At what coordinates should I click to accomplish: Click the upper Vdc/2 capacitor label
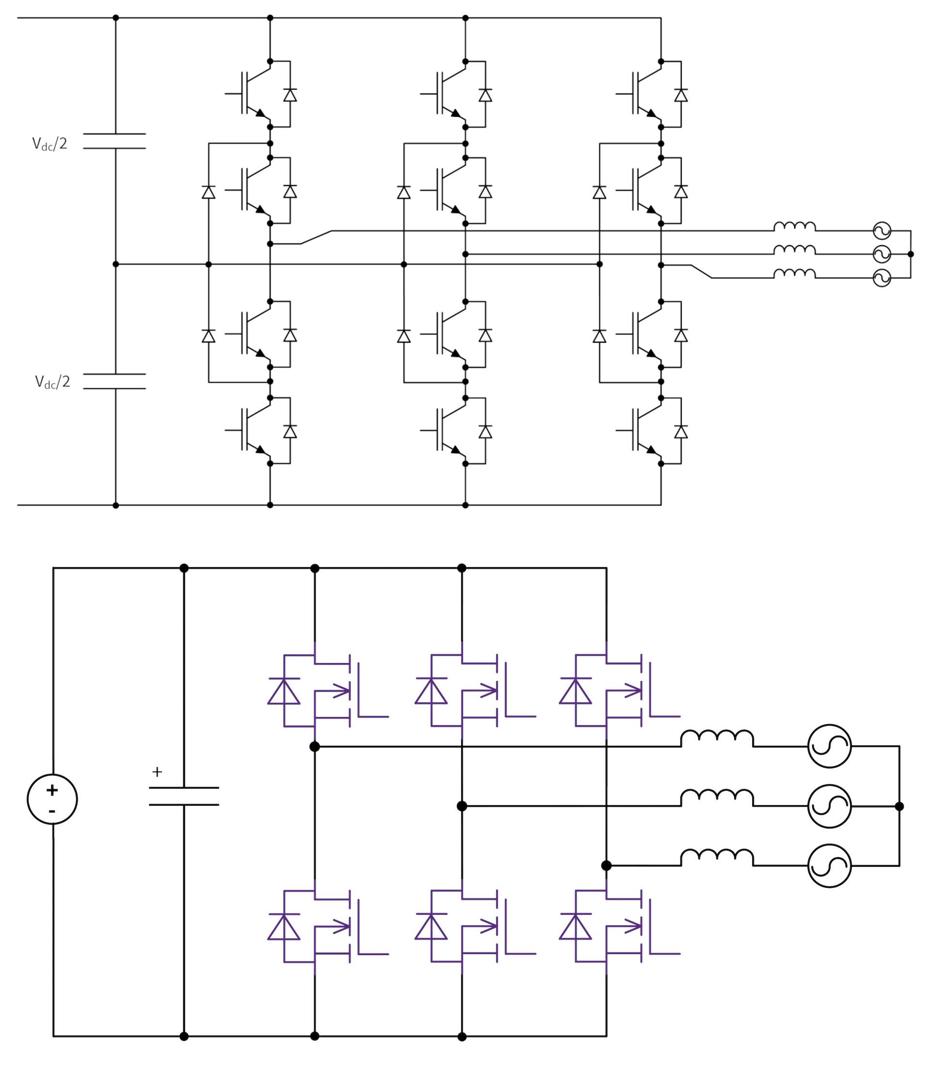click(49, 144)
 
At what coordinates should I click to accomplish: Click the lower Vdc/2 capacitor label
click(52, 382)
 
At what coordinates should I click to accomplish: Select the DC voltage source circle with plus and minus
click(52, 799)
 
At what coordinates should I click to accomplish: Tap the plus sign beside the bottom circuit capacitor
click(157, 772)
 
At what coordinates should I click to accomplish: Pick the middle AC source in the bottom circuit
click(829, 806)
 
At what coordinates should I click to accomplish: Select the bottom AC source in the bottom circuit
click(829, 866)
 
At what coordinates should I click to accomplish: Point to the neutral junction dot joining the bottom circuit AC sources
click(899, 806)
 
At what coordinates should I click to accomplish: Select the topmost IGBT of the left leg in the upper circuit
click(255, 94)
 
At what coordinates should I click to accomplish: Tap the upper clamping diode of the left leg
click(209, 192)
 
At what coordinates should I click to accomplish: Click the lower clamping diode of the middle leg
click(403, 336)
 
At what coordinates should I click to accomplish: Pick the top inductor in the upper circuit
click(794, 226)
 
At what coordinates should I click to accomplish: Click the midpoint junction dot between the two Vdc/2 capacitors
click(115, 264)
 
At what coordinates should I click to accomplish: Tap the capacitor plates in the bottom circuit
click(184, 796)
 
